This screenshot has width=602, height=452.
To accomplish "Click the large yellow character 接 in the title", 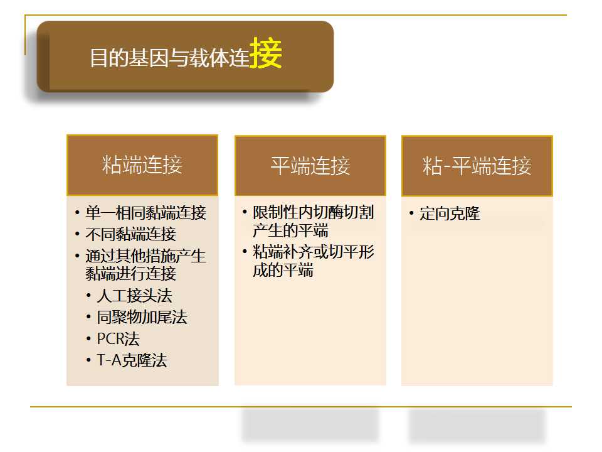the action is (x=266, y=53).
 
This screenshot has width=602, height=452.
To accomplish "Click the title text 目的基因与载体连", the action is (x=170, y=58).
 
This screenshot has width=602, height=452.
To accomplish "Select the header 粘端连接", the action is (x=142, y=165).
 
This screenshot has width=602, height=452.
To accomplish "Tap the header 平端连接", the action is (x=310, y=166).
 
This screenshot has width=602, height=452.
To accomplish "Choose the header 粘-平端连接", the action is (x=477, y=166).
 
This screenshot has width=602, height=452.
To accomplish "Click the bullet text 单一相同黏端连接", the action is (x=146, y=213).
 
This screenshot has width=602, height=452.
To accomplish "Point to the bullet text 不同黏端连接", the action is (x=131, y=234).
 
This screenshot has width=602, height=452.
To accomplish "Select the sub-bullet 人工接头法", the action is (x=134, y=296).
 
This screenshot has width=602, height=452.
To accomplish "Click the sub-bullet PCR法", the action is (x=119, y=339).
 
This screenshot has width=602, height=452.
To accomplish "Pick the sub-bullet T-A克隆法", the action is (x=132, y=360).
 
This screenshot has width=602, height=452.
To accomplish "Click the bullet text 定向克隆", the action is (x=450, y=213).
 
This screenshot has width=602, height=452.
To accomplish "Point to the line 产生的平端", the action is (x=290, y=230).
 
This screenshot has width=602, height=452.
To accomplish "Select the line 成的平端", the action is (x=283, y=270).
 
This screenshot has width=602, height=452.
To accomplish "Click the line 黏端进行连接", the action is (x=131, y=274).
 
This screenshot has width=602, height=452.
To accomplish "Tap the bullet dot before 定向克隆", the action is (x=411, y=213).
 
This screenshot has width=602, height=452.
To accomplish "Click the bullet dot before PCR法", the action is (x=88, y=338).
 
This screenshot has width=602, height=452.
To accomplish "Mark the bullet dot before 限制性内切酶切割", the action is (x=245, y=212).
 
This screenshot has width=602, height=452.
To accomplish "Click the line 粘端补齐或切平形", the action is (x=314, y=252).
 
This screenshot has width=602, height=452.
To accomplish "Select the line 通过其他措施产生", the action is (x=146, y=256).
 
